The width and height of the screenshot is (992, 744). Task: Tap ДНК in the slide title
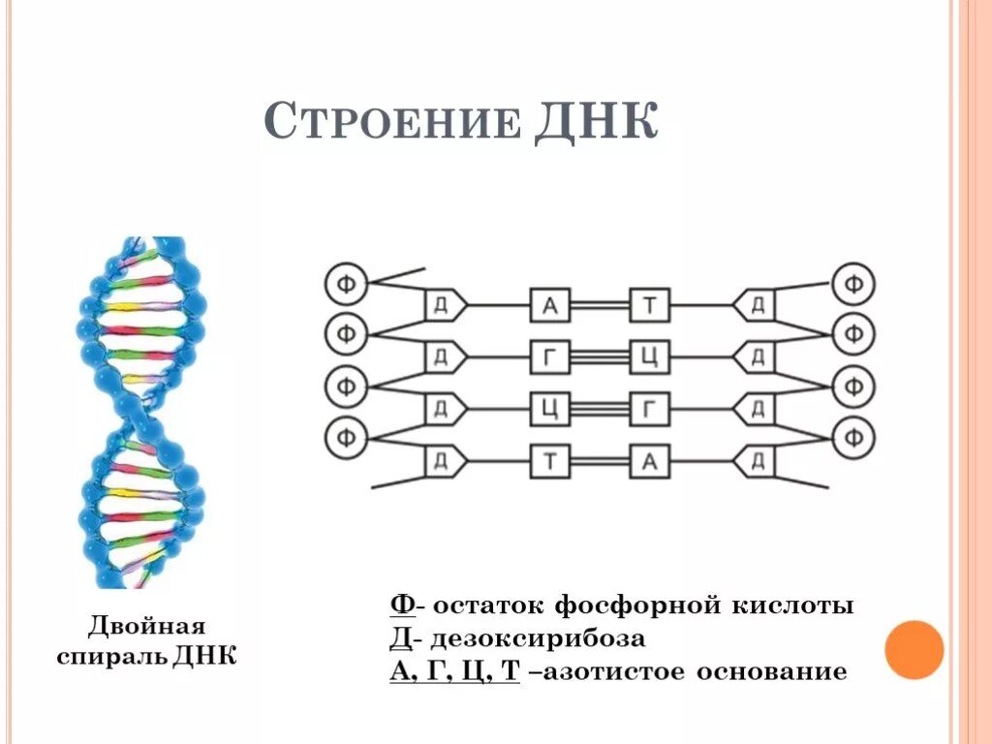(x=595, y=124)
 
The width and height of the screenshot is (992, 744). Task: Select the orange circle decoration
(x=914, y=649)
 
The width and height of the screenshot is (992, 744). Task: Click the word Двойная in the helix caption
(x=148, y=625)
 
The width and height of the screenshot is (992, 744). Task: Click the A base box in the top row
(x=549, y=306)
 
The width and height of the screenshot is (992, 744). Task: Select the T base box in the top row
(x=650, y=306)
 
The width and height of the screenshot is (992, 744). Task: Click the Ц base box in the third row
(x=549, y=409)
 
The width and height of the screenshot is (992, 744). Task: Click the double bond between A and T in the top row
(x=600, y=306)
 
